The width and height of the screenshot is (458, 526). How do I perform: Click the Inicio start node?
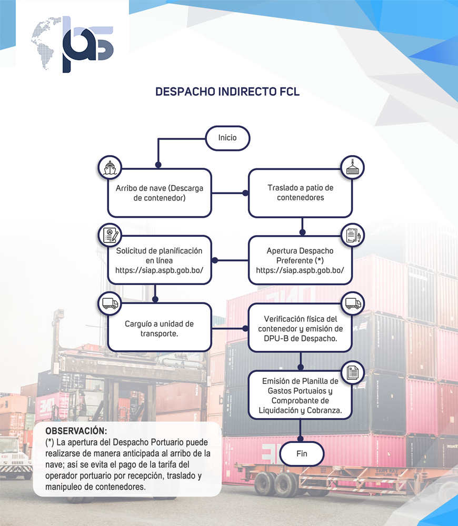click(x=227, y=138)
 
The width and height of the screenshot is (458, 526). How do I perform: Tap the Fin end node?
click(x=301, y=453)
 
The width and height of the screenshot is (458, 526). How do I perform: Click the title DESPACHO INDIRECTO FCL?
click(x=227, y=92)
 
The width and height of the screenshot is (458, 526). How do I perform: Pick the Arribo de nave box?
click(x=160, y=193)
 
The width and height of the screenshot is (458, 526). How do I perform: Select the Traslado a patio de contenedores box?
click(x=300, y=193)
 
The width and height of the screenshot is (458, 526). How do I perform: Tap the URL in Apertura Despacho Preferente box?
click(x=300, y=270)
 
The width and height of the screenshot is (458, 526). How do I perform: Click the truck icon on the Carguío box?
click(x=110, y=304)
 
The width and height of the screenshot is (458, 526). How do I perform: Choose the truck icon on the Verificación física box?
click(x=352, y=304)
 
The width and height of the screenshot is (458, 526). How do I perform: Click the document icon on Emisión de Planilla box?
click(x=352, y=373)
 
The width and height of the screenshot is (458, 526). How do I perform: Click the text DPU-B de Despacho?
click(x=300, y=339)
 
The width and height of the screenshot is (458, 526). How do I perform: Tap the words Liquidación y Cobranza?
click(x=300, y=410)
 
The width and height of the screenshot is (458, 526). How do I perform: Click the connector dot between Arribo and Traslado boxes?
click(x=245, y=193)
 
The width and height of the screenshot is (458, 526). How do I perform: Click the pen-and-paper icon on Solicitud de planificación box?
click(x=110, y=235)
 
